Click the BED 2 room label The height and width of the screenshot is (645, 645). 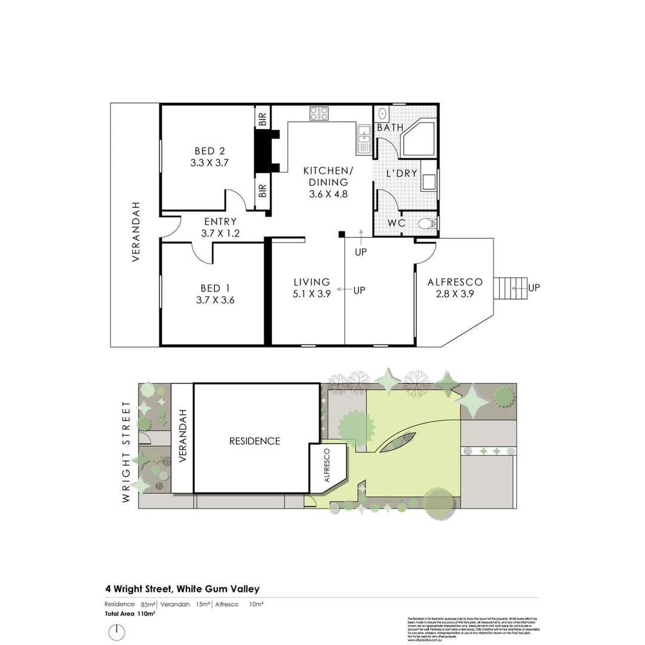pyautogui.click(x=209, y=151)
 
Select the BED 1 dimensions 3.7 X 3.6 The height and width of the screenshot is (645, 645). pyautogui.click(x=215, y=300)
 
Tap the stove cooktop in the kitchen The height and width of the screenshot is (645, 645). pyautogui.click(x=318, y=113)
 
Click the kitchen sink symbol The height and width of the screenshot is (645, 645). pyautogui.click(x=364, y=139)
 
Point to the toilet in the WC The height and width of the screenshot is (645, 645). pyautogui.click(x=426, y=224)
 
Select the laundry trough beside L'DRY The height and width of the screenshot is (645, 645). pyautogui.click(x=428, y=179)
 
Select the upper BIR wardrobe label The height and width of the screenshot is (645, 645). pyautogui.click(x=262, y=118)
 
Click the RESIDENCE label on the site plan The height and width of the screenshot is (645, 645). pyautogui.click(x=254, y=441)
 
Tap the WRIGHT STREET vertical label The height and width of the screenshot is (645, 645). pyautogui.click(x=126, y=451)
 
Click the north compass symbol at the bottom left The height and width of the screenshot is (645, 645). pyautogui.click(x=117, y=632)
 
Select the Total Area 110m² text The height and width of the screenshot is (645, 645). pyautogui.click(x=130, y=613)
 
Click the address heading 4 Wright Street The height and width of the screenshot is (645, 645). pyautogui.click(x=182, y=589)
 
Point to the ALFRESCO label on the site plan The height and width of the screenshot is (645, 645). pyautogui.click(x=327, y=466)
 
